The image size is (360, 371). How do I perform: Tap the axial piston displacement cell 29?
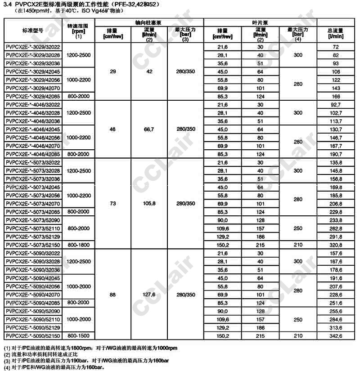click(112, 72)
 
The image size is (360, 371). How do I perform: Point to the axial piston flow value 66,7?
click(148, 129)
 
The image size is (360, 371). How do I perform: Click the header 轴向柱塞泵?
click(149, 22)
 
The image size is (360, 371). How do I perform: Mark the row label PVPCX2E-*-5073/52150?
click(32, 245)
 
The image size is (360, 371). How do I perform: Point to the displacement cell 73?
click(112, 204)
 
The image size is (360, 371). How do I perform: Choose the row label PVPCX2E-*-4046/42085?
click(32, 154)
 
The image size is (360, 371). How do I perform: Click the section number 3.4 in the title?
click(7, 4)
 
